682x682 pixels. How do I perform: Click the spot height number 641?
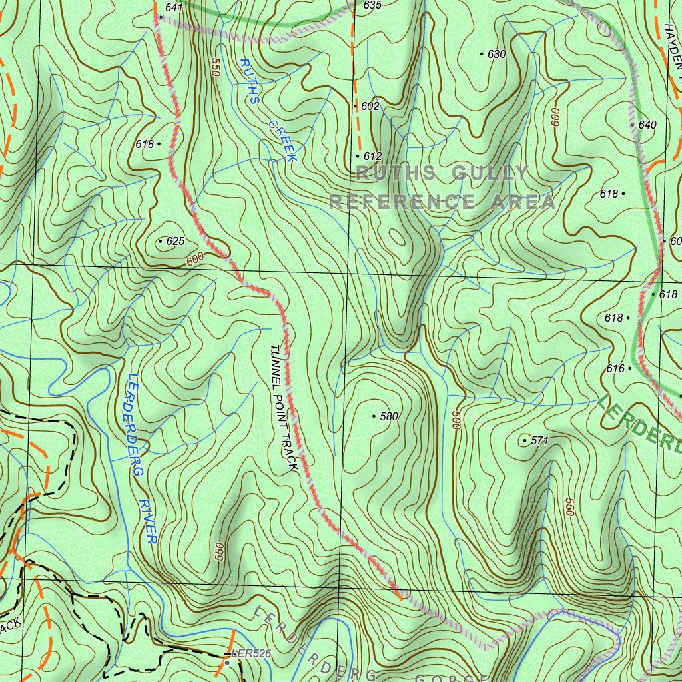pos(174,7)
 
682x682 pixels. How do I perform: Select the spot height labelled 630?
pos(497,55)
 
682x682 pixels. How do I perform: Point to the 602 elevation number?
pos(370,107)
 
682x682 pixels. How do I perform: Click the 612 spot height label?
pos(373,157)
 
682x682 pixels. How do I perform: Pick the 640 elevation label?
pos(647,125)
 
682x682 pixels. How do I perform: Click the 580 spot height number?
pos(388,417)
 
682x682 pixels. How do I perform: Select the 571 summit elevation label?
pos(539,441)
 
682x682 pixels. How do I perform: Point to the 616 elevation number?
pos(615,368)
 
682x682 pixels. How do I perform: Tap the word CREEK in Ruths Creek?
pos(282,141)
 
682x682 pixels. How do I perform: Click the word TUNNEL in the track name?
pos(276,364)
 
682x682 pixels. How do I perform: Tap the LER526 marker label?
pos(253,654)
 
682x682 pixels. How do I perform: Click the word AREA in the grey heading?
pos(523,202)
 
